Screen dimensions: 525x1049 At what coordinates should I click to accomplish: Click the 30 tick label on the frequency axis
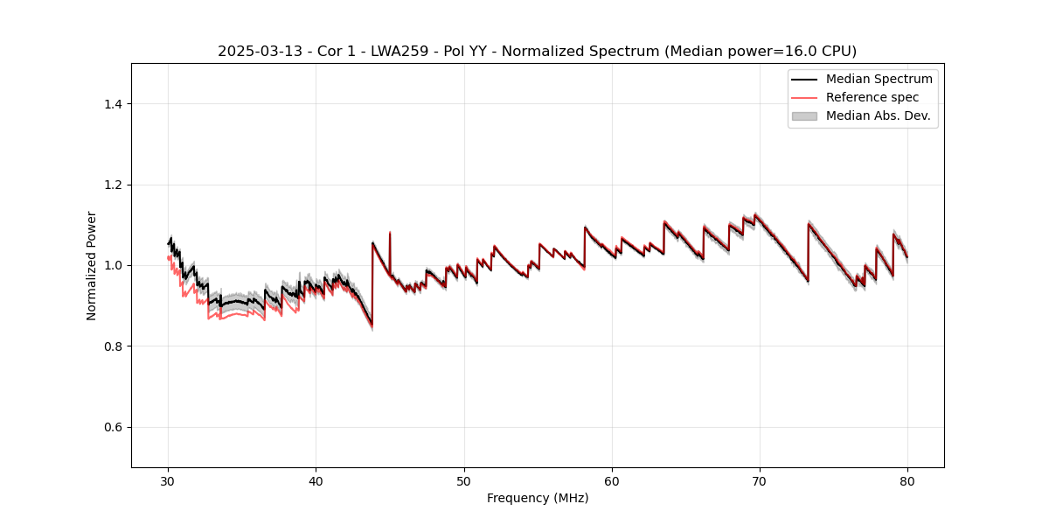tap(168, 481)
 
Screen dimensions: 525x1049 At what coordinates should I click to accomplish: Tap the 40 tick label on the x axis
tap(316, 481)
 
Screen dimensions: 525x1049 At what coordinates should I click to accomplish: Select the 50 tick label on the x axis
tap(464, 481)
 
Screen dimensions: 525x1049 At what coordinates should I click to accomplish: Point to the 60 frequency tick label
tap(612, 481)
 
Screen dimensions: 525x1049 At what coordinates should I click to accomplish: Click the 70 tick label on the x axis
tap(760, 481)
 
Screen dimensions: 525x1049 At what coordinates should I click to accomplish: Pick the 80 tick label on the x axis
tap(907, 481)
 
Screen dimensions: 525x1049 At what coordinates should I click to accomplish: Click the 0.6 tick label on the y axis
tap(113, 427)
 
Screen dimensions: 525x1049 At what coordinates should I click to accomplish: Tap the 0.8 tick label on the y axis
tap(113, 346)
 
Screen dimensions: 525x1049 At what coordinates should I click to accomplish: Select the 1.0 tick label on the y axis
tap(113, 265)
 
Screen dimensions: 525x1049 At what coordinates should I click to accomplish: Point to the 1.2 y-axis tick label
tap(113, 185)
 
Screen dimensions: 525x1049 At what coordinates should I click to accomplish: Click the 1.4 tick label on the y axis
tap(113, 104)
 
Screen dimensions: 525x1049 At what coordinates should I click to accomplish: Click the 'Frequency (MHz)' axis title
tap(538, 498)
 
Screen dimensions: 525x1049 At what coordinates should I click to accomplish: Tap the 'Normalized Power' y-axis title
tap(92, 265)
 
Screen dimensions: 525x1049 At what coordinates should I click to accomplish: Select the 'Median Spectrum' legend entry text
tap(879, 79)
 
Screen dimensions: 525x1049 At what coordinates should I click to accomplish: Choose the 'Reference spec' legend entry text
tap(872, 97)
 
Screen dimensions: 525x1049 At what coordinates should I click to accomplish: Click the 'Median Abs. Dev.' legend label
tap(878, 115)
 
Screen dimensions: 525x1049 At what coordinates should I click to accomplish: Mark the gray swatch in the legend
tap(804, 115)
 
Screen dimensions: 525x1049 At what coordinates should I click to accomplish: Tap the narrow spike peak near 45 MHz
tap(390, 233)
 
